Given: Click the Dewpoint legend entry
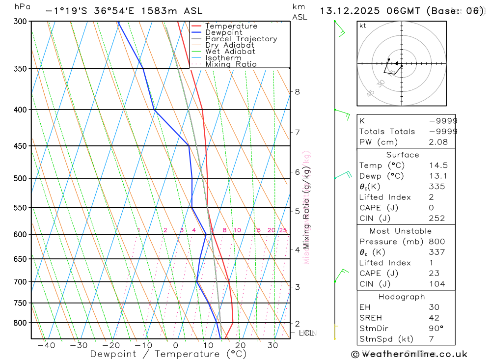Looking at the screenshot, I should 223,32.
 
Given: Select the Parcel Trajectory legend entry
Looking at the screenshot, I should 241,39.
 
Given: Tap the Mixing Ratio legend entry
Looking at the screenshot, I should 231,64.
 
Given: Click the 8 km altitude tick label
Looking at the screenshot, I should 297,91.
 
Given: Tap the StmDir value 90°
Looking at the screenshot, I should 436,328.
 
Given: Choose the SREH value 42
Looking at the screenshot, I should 435,318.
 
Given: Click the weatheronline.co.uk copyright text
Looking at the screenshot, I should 409,354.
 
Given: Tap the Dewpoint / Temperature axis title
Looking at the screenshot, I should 168,354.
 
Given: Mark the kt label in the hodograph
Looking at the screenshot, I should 363,26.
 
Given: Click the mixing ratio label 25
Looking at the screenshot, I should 283,230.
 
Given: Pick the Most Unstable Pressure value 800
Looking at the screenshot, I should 436,242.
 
